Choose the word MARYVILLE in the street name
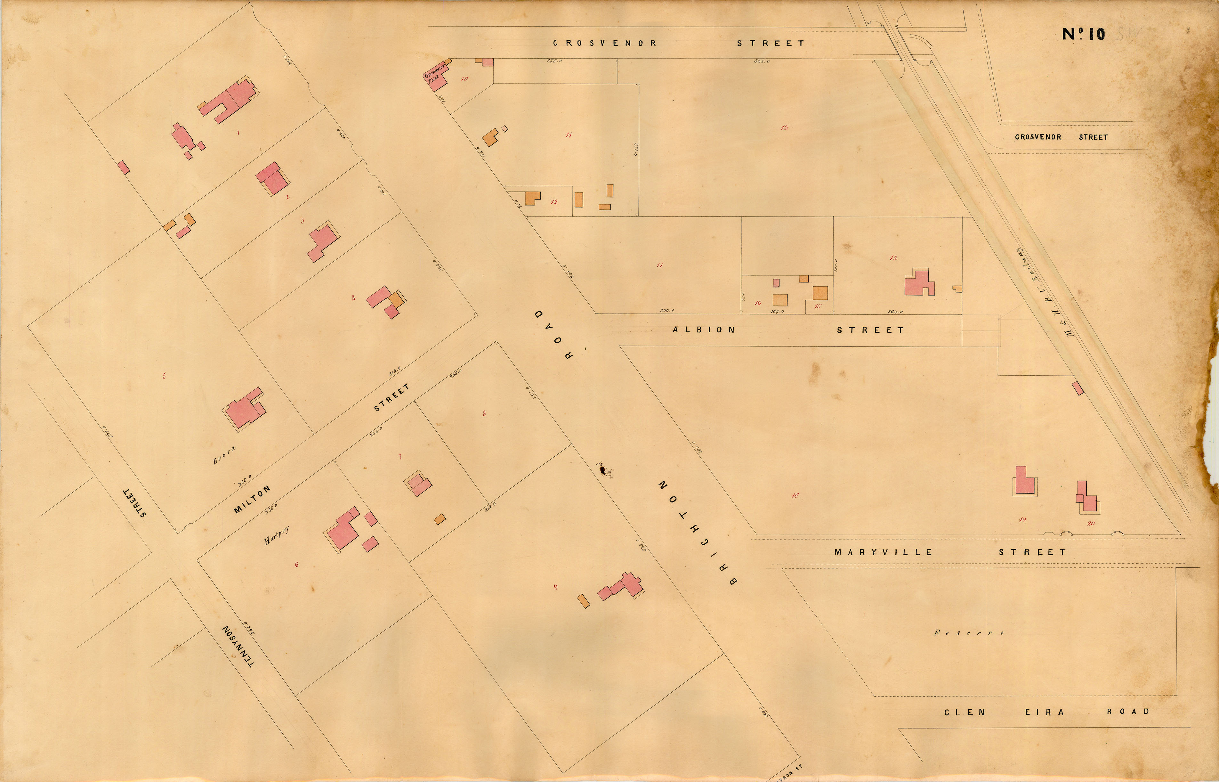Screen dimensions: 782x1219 pyautogui.click(x=883, y=552)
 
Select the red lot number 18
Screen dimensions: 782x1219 pyautogui.click(x=795, y=495)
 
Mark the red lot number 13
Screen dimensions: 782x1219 pyautogui.click(x=784, y=127)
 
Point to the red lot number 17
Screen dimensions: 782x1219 pyautogui.click(x=660, y=265)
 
